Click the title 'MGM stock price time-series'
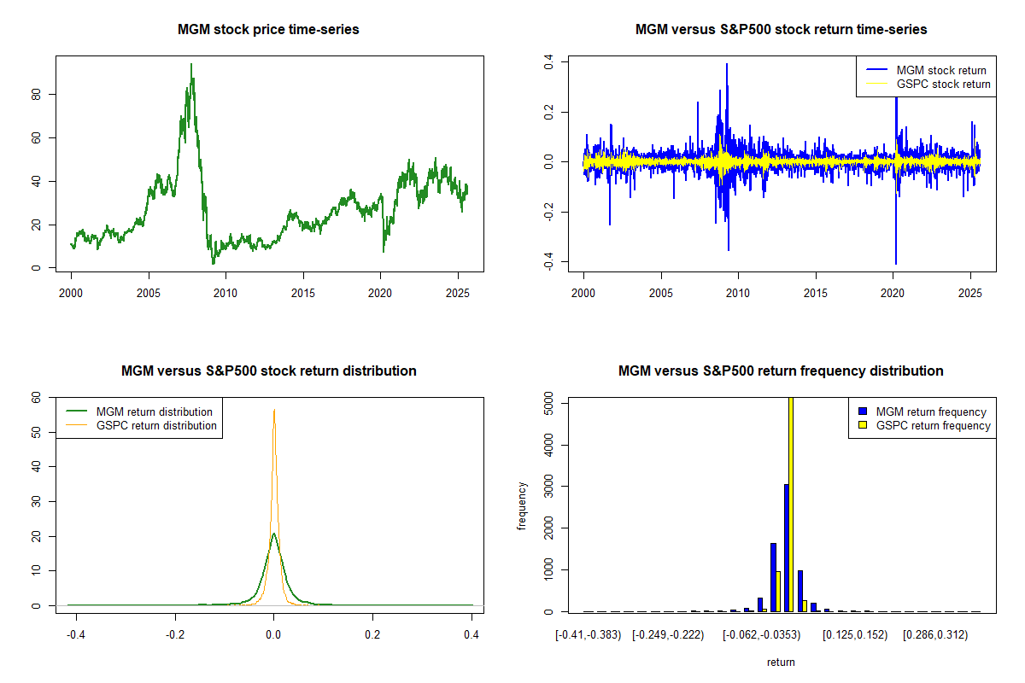[x=268, y=30]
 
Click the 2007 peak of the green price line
[x=191, y=65]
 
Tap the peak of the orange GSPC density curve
[x=274, y=411]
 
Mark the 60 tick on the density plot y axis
[x=35, y=397]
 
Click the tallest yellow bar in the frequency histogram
[x=791, y=504]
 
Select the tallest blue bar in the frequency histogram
[x=786, y=547]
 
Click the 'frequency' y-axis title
[x=522, y=506]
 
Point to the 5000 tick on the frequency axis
[x=548, y=404]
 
